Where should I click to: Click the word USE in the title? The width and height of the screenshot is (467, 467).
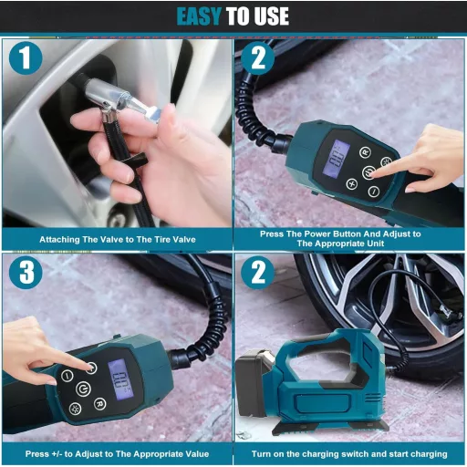269,16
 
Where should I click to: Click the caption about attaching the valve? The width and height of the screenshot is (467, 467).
116,240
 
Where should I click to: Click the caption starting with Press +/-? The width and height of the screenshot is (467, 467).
116,453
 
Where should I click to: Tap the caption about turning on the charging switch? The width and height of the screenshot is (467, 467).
349,453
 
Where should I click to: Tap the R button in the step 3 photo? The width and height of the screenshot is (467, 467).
99,403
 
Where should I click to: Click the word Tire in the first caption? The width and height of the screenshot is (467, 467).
151,240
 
